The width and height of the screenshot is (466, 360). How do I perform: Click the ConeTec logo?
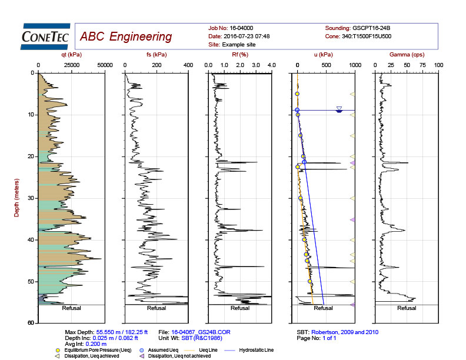click(x=45, y=36)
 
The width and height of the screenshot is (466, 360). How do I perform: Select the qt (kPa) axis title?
click(x=71, y=54)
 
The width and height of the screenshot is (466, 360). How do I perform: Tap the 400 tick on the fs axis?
click(x=188, y=65)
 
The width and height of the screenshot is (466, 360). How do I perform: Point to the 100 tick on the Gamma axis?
click(x=438, y=65)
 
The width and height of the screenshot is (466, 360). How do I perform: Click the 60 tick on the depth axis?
click(x=31, y=323)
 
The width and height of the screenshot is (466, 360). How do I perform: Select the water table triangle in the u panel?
click(x=339, y=109)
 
